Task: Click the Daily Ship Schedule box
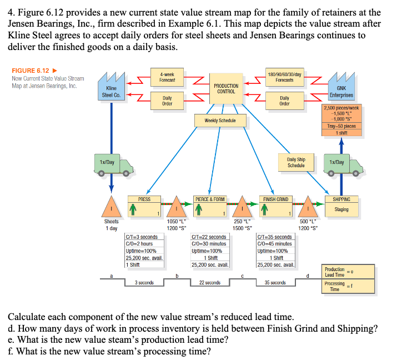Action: coord(297,162)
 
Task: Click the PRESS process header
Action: coord(144,199)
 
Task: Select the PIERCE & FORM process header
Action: coord(210,199)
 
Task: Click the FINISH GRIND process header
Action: coord(275,199)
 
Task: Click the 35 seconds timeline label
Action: coord(275,283)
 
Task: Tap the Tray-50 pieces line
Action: coord(341,127)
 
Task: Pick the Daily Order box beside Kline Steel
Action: coord(167,101)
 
